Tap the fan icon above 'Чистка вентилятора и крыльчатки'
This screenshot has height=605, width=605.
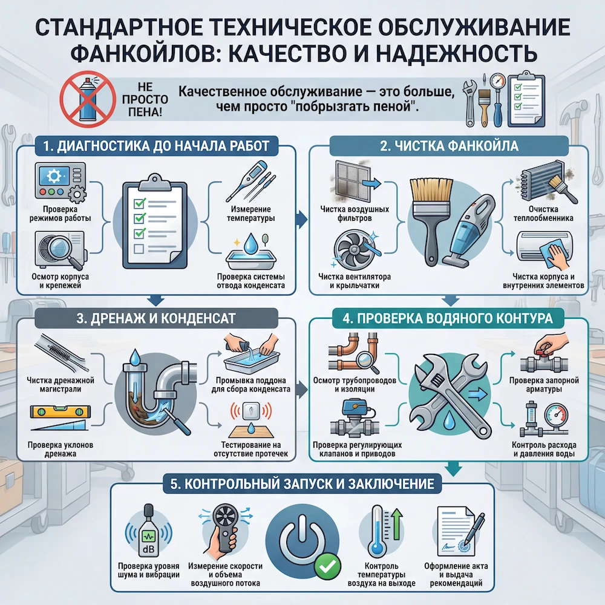click(x=350, y=250)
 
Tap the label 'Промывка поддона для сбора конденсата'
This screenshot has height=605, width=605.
click(x=251, y=385)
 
